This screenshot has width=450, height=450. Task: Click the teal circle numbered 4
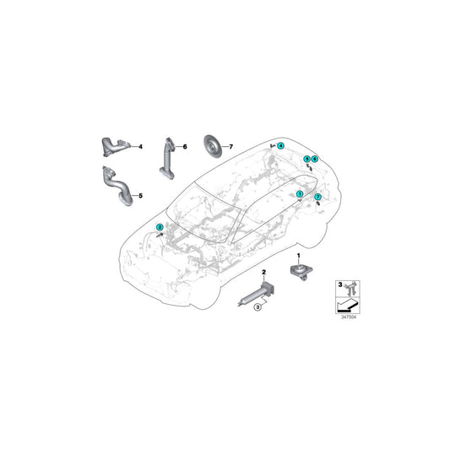280,146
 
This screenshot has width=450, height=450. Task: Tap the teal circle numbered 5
307,159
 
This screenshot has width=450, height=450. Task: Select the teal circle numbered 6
315,159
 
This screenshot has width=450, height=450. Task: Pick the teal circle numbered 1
300,194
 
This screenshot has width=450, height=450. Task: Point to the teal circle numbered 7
317,197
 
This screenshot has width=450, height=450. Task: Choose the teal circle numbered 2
160,227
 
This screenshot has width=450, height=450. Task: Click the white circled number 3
258,307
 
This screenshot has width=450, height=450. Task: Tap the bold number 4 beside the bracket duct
140,147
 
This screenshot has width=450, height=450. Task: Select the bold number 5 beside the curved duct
140,196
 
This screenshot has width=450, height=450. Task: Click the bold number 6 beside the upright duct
185,147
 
